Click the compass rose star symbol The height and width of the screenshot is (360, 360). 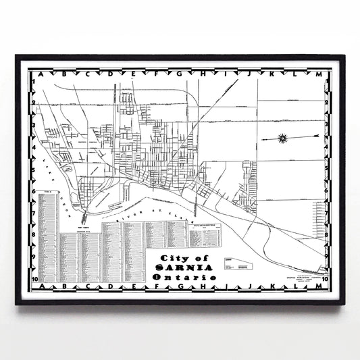[x=282, y=138]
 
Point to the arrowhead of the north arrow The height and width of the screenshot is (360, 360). [x=259, y=138]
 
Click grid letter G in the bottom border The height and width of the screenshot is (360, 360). [x=178, y=287]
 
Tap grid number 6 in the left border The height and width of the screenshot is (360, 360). [x=32, y=190]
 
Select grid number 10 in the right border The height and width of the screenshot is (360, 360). [x=326, y=278]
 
